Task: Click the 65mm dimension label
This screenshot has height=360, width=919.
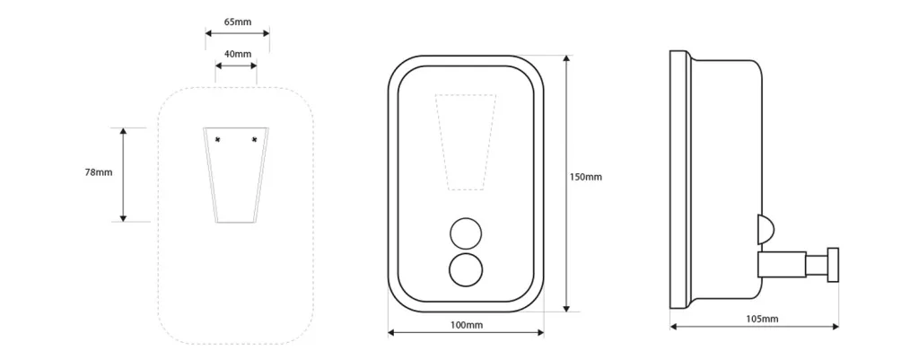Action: [x=237, y=22]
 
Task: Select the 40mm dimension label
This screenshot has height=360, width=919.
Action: [x=237, y=54]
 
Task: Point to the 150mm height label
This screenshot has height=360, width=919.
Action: [x=586, y=177]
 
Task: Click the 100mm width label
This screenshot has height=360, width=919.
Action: [x=467, y=325]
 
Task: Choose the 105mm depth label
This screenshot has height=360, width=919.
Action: [x=763, y=319]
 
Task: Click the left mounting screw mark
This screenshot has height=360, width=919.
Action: [x=217, y=139]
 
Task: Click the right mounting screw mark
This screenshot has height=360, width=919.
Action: [x=254, y=139]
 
